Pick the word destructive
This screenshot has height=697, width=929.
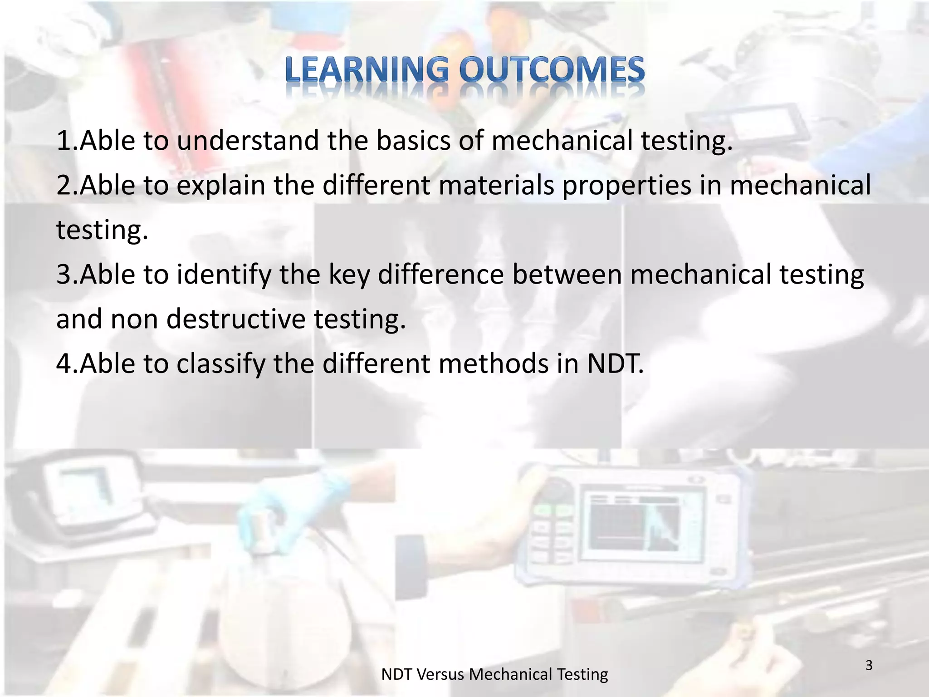236,319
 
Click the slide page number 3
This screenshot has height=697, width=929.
869,665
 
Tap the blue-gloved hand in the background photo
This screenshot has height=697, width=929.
295,508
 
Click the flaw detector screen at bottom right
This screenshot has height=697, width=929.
635,526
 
